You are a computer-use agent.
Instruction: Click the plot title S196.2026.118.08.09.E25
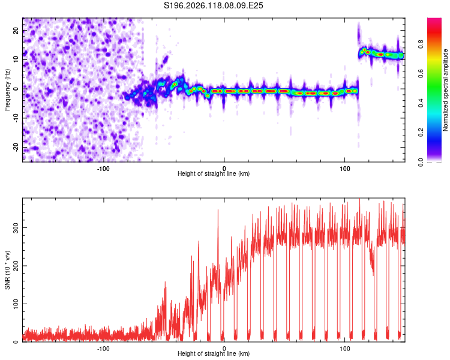coord(213,5)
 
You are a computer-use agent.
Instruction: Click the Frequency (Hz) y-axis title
coord(7,90)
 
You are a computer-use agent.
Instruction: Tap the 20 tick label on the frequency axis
coord(16,31)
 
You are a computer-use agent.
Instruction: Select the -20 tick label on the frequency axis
coord(16,148)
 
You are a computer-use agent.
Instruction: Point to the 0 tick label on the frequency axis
coord(16,89)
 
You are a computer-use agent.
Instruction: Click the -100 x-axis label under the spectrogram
coord(103,169)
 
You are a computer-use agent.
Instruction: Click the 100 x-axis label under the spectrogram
coord(344,169)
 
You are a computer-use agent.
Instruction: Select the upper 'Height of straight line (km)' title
coord(214,173)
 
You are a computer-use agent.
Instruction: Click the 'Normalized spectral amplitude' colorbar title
coord(445,90)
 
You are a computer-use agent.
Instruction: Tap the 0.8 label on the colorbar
coord(421,44)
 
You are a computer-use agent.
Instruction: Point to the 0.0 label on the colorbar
coord(421,162)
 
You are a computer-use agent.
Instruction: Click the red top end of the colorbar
coord(434,20)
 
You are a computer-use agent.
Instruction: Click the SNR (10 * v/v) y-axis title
coord(7,270)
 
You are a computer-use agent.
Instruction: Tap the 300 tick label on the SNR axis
coord(16,227)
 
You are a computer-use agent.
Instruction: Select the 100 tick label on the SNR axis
coord(16,304)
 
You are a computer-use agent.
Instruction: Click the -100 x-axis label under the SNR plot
coord(103,349)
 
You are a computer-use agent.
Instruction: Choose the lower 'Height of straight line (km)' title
coord(214,353)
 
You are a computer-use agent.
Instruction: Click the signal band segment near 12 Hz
coord(381,53)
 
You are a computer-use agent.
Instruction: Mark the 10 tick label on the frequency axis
coord(16,59)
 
